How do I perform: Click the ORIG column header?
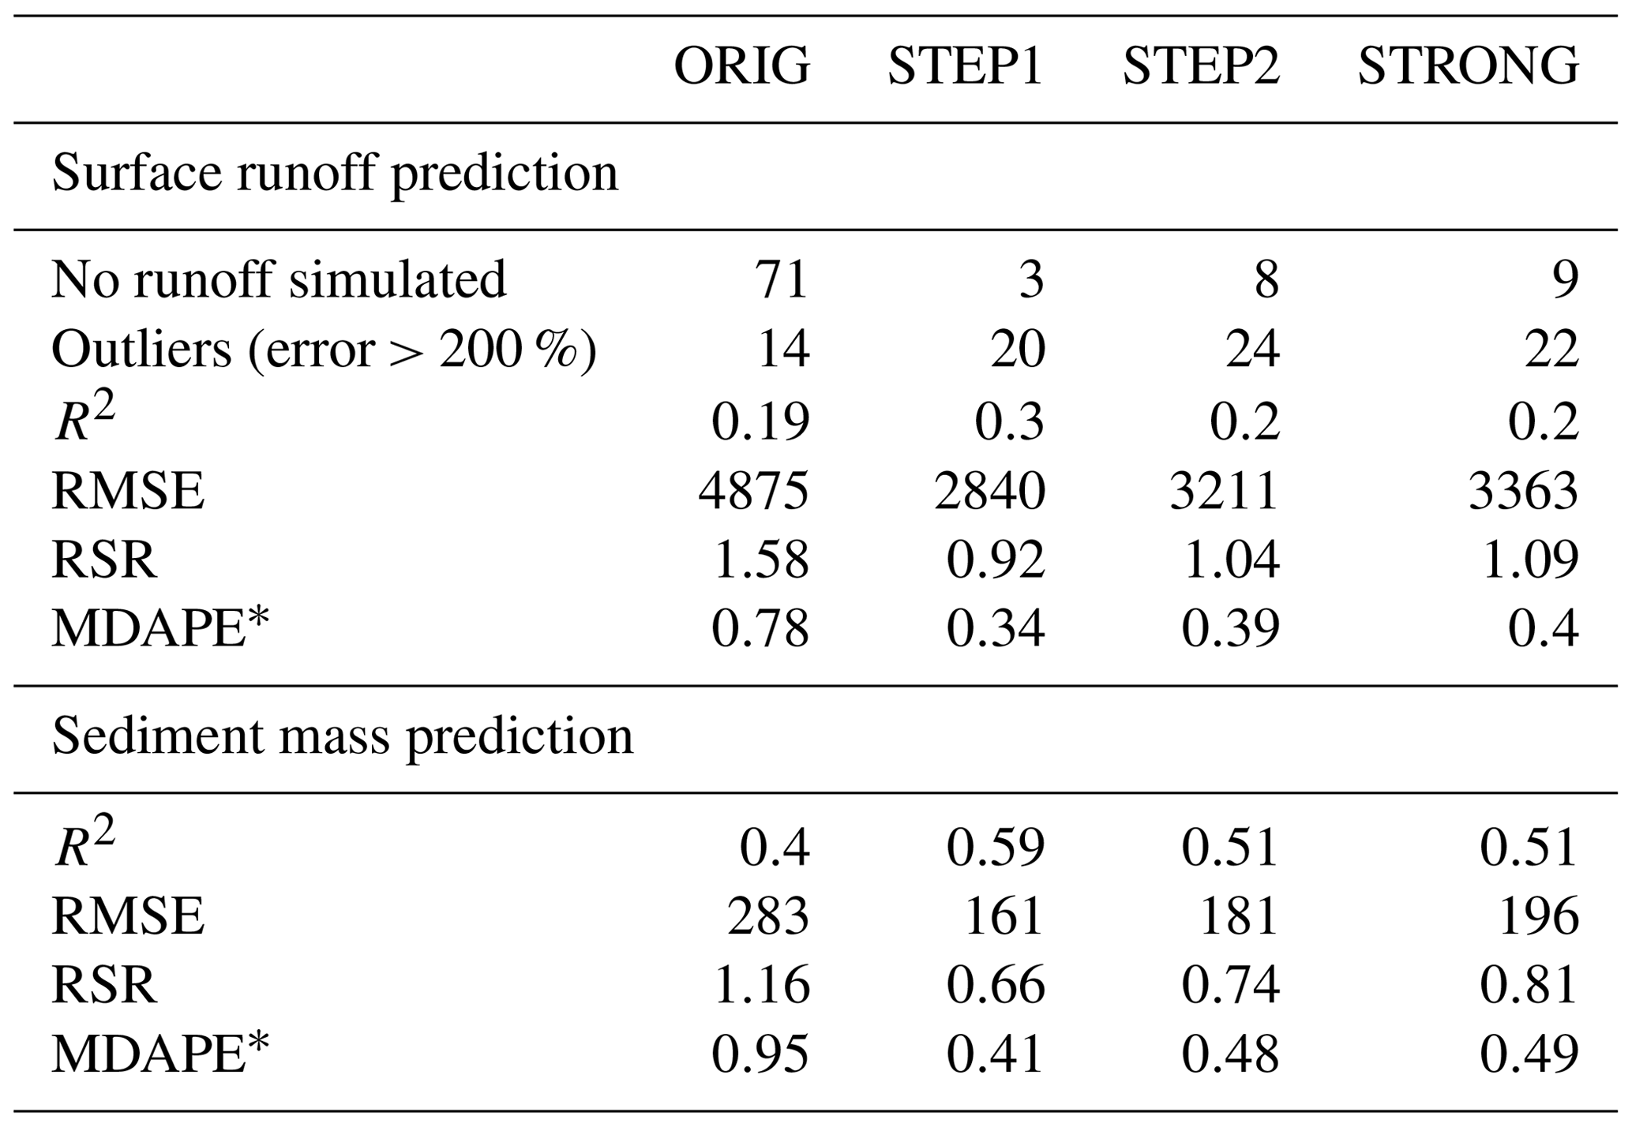pos(741,66)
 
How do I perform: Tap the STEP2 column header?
pos(1200,66)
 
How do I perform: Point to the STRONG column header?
pos(1468,66)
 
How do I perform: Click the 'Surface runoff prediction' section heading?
pos(335,174)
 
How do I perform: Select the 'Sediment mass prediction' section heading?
pos(343,737)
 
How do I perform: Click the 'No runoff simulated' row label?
pos(279,279)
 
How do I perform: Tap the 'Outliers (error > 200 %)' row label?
pos(324,349)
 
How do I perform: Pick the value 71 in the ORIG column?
pos(782,279)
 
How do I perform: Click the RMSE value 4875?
pos(753,490)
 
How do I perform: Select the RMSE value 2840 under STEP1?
pos(989,490)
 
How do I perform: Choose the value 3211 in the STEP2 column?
pos(1224,490)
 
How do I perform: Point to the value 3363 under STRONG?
pos(1523,490)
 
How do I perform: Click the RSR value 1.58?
pos(760,560)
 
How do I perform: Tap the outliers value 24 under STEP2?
pos(1252,349)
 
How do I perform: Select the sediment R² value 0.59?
pos(996,847)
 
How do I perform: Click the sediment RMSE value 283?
pos(767,916)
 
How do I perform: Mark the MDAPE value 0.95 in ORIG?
pos(760,1054)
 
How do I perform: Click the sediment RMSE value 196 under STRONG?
pos(1537,916)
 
